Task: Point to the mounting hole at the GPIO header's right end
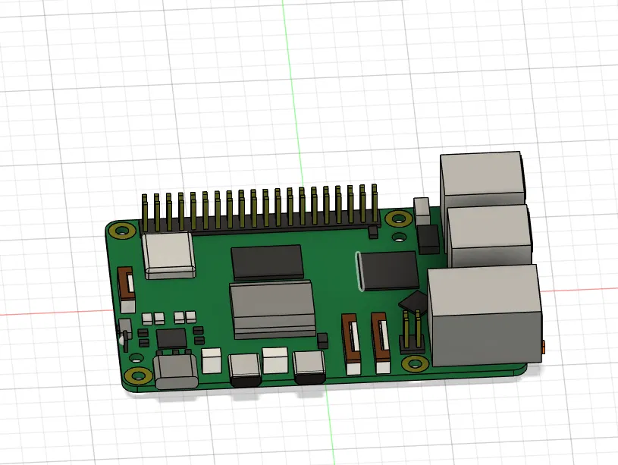coord(397,220)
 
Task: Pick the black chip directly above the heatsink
coord(268,262)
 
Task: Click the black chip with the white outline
coord(388,270)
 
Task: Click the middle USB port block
coord(488,235)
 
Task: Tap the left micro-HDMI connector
coord(244,369)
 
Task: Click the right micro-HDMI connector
coord(309,369)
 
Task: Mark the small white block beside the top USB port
coord(422,210)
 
